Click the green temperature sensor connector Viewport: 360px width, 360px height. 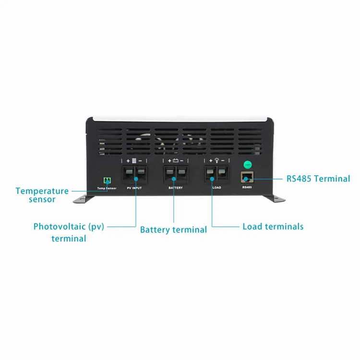tap(107, 180)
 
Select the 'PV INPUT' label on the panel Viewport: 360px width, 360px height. tap(134, 188)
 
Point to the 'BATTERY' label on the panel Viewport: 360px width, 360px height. tap(176, 188)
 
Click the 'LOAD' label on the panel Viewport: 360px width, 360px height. tap(216, 188)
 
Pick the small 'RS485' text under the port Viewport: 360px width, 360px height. tap(247, 188)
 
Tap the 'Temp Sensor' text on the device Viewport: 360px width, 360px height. tap(107, 188)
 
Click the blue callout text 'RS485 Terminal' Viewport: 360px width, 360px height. tap(318, 179)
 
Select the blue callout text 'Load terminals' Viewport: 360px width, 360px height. tap(273, 226)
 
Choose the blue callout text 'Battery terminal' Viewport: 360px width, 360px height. tap(173, 230)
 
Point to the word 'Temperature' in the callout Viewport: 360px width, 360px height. tap(42, 191)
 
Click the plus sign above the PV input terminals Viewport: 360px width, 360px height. tap(128, 161)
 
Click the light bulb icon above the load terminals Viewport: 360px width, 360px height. tap(216, 161)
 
